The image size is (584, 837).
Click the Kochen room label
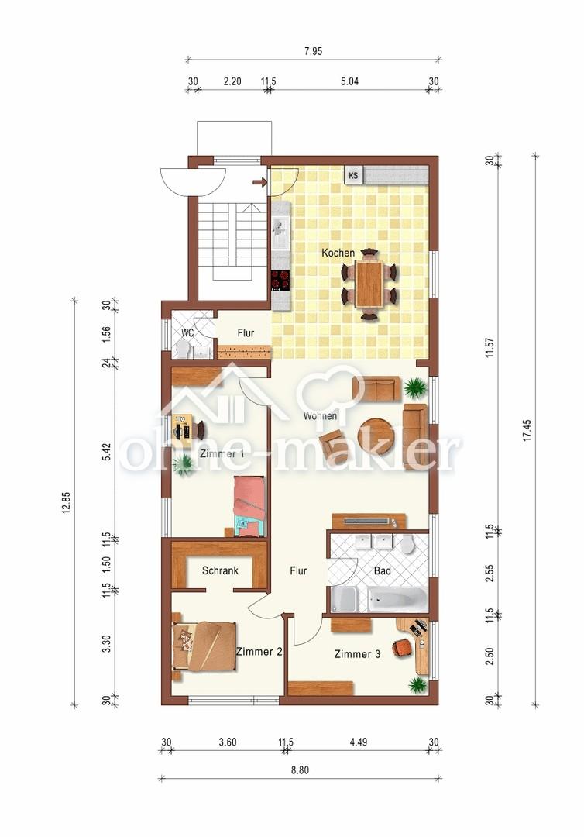pos(338,253)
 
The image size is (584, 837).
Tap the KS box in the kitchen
pos(353,174)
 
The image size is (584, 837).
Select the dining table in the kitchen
pos(369,284)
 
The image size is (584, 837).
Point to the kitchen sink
pos(280,227)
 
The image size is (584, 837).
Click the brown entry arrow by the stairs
pos(259,183)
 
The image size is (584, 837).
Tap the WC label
pos(187,332)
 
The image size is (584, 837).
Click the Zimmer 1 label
pos(222,454)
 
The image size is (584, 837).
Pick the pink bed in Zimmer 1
pos(249,505)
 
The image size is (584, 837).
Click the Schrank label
pos(220,570)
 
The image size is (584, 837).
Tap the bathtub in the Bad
pos(397,600)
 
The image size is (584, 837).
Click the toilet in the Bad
pos(408,545)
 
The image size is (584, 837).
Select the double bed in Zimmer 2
pos(204,646)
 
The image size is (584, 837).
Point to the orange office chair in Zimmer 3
pos(402,647)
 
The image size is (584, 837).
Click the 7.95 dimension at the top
pos(313,51)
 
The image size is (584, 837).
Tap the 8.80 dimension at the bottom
pos(299,770)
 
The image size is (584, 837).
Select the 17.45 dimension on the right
pos(527,430)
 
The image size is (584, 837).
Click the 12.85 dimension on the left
pos(67,502)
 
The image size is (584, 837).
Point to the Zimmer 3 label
pos(357,654)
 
